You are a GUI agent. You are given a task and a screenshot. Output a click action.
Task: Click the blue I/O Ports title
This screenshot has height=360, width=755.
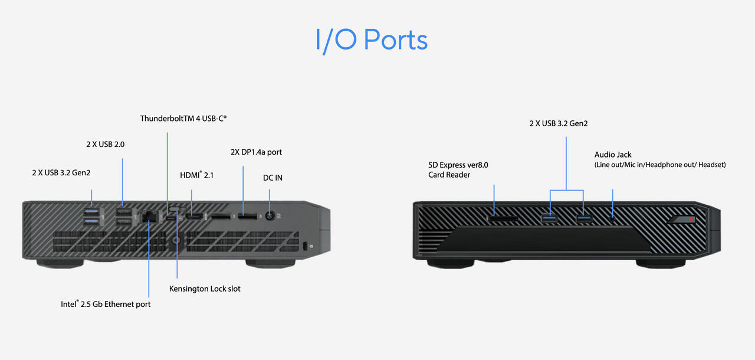tap(372, 40)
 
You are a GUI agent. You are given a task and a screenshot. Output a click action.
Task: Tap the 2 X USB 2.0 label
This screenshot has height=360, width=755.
tap(105, 144)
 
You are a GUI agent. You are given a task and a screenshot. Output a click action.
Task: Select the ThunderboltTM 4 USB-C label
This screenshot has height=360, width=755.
tap(183, 119)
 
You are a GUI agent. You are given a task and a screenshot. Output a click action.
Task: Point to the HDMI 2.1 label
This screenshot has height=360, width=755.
tap(196, 175)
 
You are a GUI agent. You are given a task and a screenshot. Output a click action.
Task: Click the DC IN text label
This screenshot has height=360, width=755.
tap(273, 178)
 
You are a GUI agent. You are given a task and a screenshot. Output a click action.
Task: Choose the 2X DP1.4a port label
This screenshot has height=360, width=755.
tap(256, 152)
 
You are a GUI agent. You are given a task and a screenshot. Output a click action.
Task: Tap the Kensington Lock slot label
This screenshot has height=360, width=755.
tap(205, 289)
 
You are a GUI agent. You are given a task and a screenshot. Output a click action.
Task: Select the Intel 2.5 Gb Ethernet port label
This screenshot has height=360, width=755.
tap(106, 304)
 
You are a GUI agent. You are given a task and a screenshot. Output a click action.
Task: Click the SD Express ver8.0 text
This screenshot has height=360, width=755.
tap(458, 165)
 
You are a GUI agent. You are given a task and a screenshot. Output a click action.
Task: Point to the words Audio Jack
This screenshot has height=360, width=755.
tap(613, 155)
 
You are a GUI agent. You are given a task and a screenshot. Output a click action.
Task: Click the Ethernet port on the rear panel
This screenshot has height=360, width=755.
tap(149, 217)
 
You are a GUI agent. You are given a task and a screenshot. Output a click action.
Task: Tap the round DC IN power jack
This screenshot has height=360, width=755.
tap(270, 215)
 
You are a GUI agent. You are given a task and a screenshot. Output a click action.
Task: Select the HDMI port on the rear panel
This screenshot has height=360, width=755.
tap(195, 217)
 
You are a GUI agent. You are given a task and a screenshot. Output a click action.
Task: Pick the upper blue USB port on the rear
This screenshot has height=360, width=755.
tap(91, 212)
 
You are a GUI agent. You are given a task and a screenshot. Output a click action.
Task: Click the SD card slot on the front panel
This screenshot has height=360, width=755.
tap(503, 218)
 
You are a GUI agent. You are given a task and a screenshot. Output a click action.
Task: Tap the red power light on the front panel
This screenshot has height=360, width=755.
tap(691, 220)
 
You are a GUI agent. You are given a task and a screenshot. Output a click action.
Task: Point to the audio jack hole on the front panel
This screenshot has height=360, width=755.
tap(612, 218)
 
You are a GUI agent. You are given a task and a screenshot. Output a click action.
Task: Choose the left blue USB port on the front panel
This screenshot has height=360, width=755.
tap(549, 218)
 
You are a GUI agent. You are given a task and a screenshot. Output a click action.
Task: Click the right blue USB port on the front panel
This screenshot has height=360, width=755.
tap(584, 218)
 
